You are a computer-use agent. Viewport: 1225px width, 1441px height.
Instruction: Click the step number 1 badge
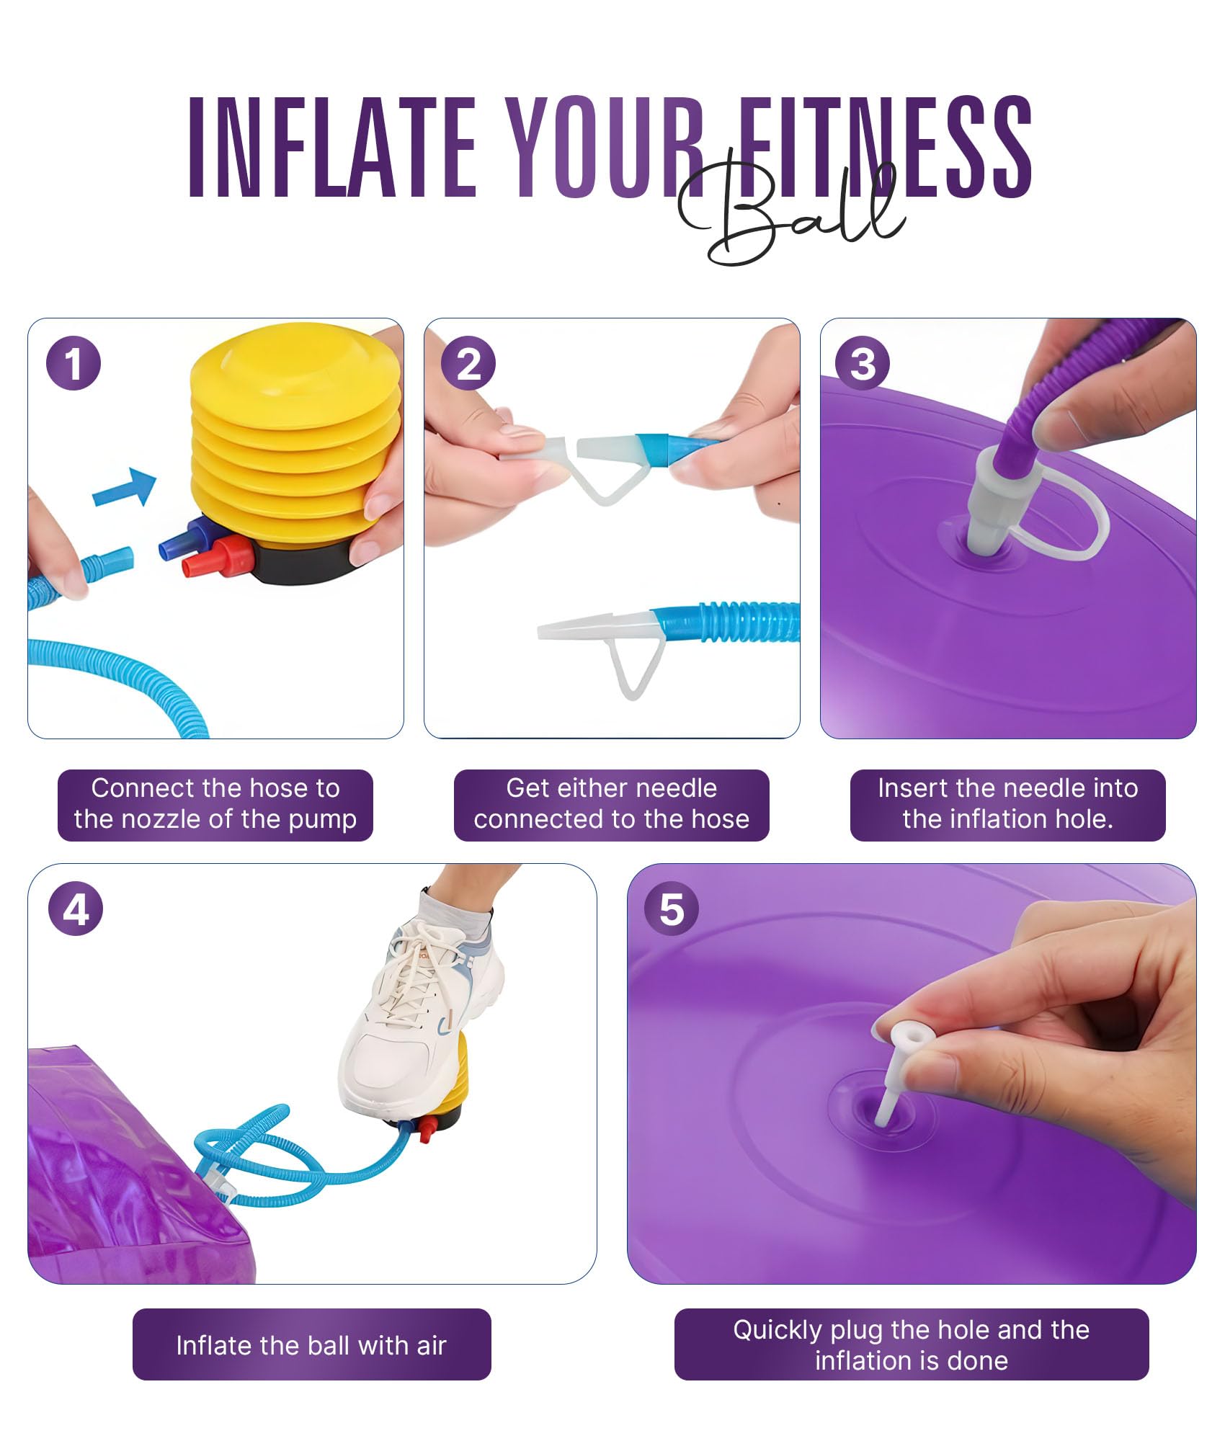(73, 363)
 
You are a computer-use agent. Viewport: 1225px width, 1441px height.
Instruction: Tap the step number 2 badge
(469, 363)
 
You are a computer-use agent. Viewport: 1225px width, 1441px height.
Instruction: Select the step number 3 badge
(863, 363)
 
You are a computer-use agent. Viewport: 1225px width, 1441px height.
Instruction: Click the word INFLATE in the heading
(332, 147)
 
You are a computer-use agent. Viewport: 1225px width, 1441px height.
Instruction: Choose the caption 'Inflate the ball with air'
(311, 1345)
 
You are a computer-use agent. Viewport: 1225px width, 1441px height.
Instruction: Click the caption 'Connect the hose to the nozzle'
(215, 804)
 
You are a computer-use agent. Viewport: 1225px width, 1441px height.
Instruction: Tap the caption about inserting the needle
(1007, 804)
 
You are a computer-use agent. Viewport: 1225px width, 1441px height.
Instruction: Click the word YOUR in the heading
(605, 147)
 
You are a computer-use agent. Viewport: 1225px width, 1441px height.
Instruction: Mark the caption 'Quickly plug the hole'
(912, 1345)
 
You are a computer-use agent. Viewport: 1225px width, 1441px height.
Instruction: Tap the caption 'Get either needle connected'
(612, 804)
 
